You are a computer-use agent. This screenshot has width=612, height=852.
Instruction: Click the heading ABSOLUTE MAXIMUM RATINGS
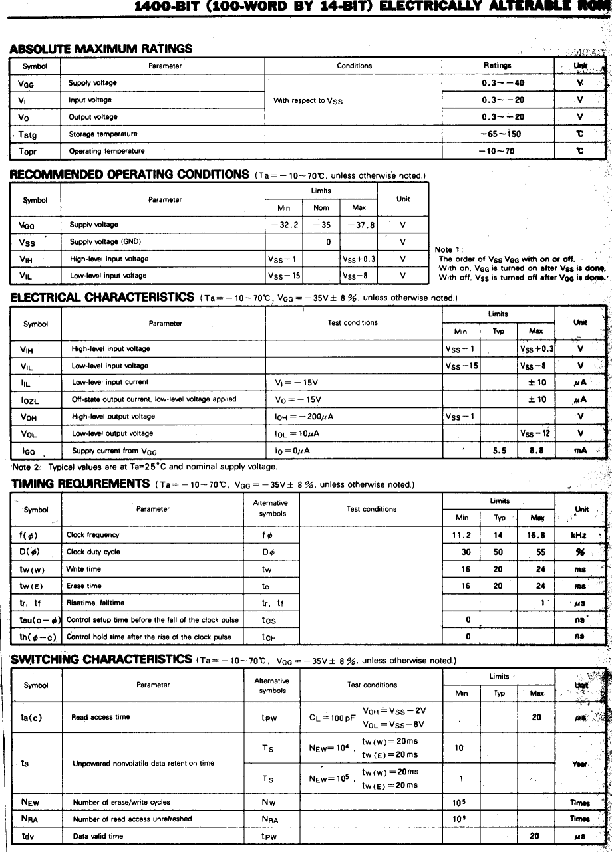coord(101,49)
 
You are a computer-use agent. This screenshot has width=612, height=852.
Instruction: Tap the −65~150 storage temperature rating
coord(500,134)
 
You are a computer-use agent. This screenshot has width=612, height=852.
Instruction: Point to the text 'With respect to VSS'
coord(308,100)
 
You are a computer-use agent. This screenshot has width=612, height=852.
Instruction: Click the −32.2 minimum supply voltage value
coord(284,225)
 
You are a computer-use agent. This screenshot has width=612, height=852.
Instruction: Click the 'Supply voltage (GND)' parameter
coord(105,242)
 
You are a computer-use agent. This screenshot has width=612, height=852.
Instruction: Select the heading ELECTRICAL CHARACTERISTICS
coord(102,298)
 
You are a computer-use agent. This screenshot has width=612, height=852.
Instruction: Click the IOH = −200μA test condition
coord(303,417)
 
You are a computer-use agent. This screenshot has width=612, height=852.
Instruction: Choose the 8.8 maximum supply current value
coord(536,450)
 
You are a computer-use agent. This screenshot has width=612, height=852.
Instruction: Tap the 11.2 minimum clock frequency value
coord(462,535)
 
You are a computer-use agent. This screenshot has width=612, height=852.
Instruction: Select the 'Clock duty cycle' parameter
coord(93,552)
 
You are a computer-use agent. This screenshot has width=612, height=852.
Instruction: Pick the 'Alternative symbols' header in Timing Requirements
coord(271,508)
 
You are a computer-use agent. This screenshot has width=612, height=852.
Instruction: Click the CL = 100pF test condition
coord(332,718)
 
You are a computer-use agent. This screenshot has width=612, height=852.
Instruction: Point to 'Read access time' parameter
coord(100,718)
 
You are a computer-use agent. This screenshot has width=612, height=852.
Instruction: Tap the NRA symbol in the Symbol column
coord(30,819)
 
